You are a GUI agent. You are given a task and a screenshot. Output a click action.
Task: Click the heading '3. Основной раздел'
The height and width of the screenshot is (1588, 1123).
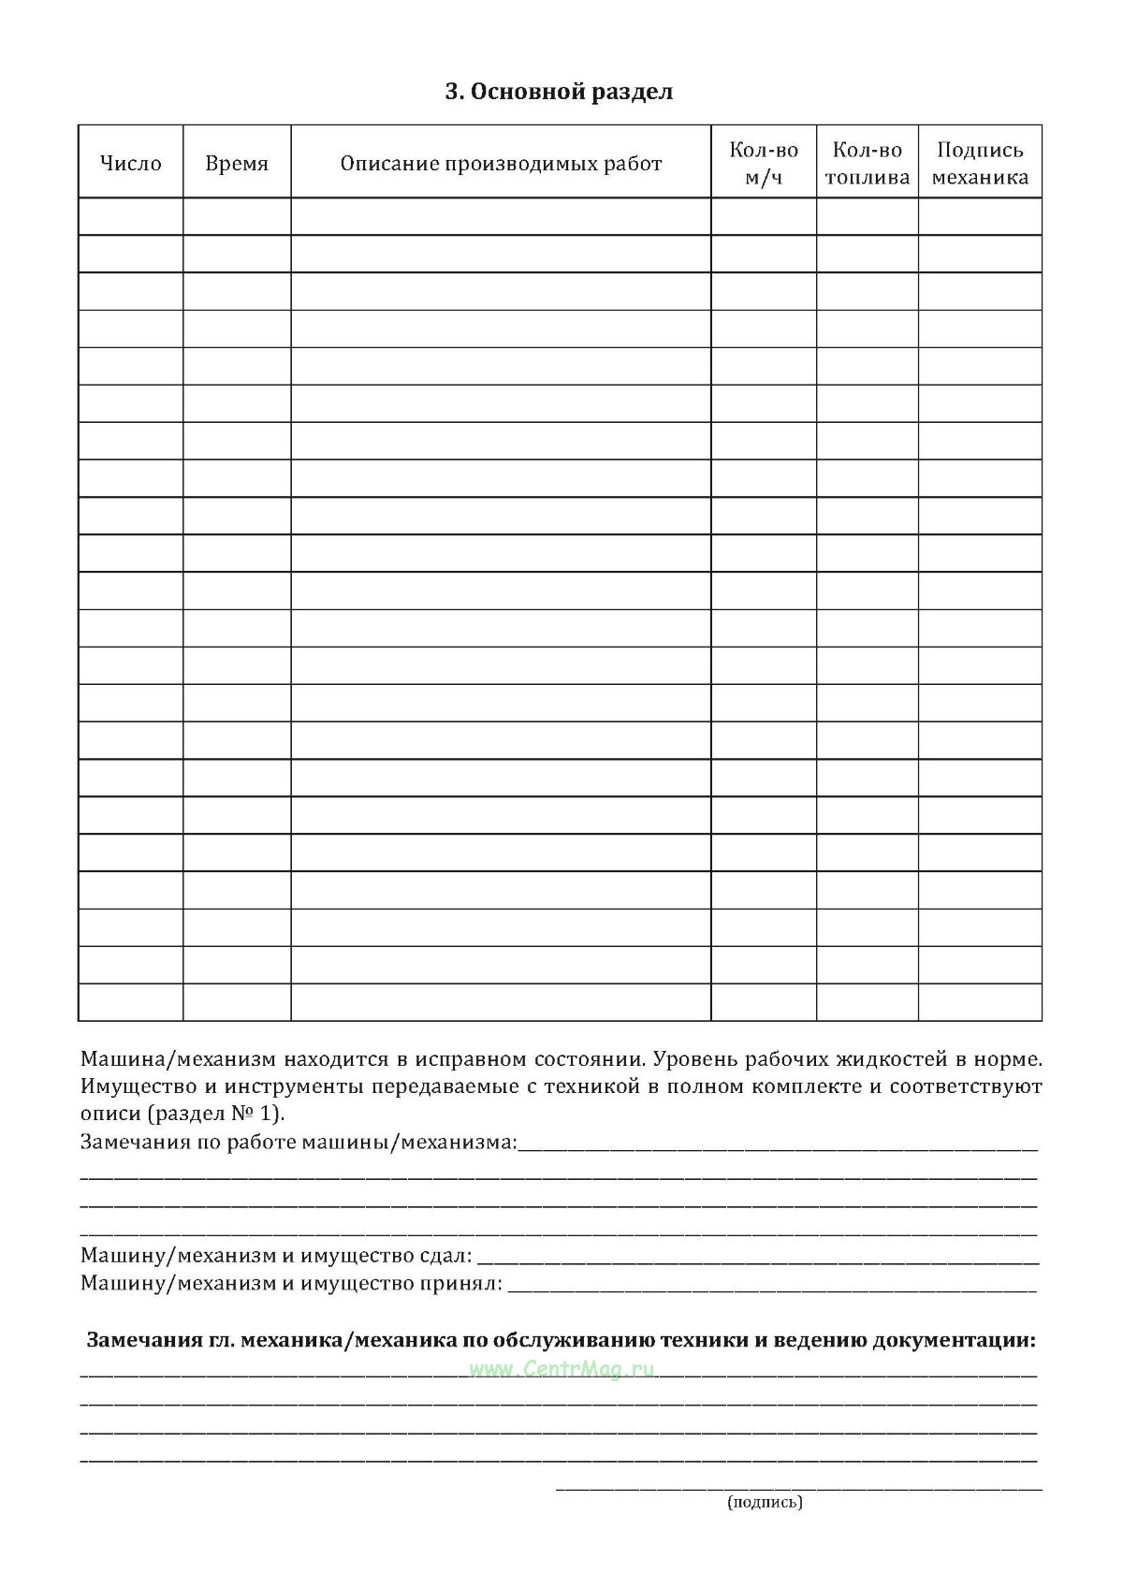point(559,92)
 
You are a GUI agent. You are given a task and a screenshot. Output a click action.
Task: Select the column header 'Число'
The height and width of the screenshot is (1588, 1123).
point(131,164)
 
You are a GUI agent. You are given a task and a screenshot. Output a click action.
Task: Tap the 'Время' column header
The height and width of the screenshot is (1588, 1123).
point(237,164)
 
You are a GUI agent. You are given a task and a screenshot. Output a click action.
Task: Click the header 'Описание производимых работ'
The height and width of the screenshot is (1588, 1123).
point(501,164)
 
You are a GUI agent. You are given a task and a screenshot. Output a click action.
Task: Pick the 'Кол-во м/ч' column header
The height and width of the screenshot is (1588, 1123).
point(764,164)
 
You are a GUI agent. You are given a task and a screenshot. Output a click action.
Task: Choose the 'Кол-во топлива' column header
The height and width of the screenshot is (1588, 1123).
point(868,164)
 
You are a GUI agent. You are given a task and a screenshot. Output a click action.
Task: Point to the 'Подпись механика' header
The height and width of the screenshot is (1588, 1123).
point(980,164)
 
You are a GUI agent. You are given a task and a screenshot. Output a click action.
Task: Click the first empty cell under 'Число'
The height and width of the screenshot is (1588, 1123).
point(131,216)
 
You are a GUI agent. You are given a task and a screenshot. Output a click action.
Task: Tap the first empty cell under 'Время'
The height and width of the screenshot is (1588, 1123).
point(237,216)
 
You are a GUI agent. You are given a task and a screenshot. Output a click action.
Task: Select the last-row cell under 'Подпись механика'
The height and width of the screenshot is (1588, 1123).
point(980,1002)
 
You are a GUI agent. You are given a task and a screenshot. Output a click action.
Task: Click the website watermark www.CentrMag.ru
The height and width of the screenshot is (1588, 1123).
point(561,1369)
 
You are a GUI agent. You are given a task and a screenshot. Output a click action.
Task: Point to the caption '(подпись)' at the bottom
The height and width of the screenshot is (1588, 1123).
point(765,1502)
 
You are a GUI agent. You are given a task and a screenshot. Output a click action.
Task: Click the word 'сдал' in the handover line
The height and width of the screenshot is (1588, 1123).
point(444,1256)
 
